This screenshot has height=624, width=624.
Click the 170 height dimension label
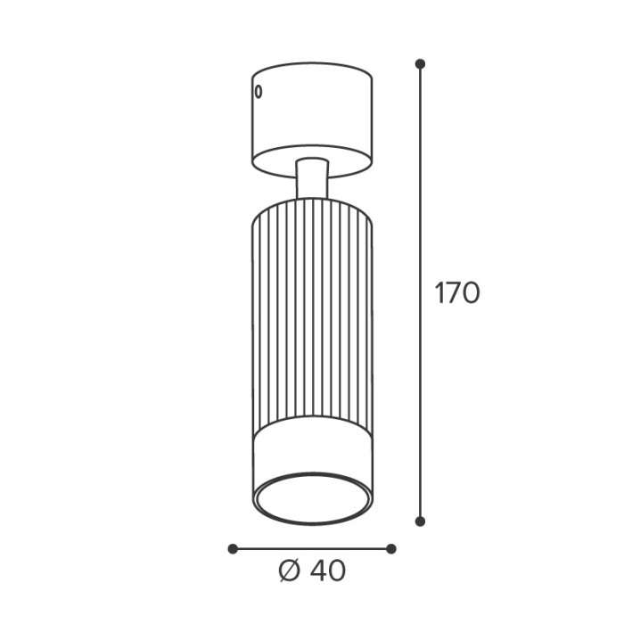(x=456, y=293)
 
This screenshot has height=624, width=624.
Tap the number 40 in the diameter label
(x=328, y=571)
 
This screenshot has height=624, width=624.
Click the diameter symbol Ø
(x=289, y=571)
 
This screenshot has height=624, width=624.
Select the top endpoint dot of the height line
(x=420, y=63)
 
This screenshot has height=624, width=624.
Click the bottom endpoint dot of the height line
(x=420, y=521)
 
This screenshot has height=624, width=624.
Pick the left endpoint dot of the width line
(x=233, y=549)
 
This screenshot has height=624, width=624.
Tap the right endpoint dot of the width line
(x=391, y=549)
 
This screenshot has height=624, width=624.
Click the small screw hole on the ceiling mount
(x=259, y=92)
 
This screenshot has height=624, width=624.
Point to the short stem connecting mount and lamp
(x=312, y=178)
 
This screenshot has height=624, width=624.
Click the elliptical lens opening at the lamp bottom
(x=313, y=498)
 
